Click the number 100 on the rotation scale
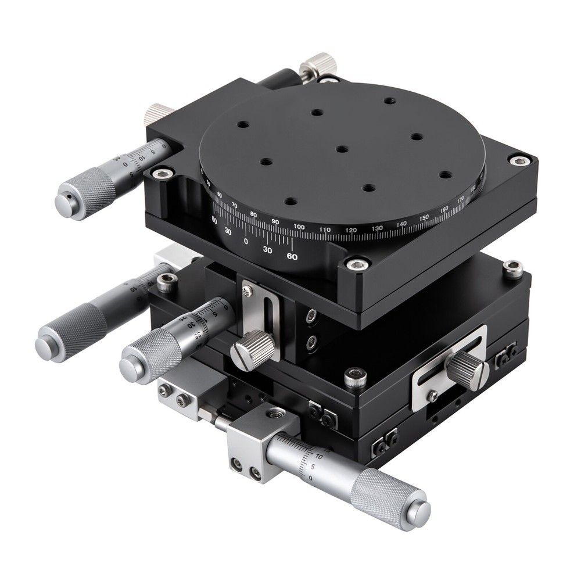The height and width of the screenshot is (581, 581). (x=299, y=227)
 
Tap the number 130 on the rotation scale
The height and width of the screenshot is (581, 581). (x=377, y=228)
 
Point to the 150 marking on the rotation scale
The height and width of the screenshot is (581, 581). (x=424, y=217)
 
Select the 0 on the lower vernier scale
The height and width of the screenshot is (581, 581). (x=246, y=241)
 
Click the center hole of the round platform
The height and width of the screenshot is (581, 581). (x=342, y=149)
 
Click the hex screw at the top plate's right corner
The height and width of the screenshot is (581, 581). (x=519, y=159)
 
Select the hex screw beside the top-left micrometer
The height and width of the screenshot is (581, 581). (x=162, y=172)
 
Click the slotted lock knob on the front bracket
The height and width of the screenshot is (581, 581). (x=253, y=350)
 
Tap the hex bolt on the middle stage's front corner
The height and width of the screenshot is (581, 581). (x=355, y=378)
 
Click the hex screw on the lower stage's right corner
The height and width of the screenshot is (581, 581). (x=512, y=268)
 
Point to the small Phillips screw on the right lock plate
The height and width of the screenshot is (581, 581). (x=432, y=395)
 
